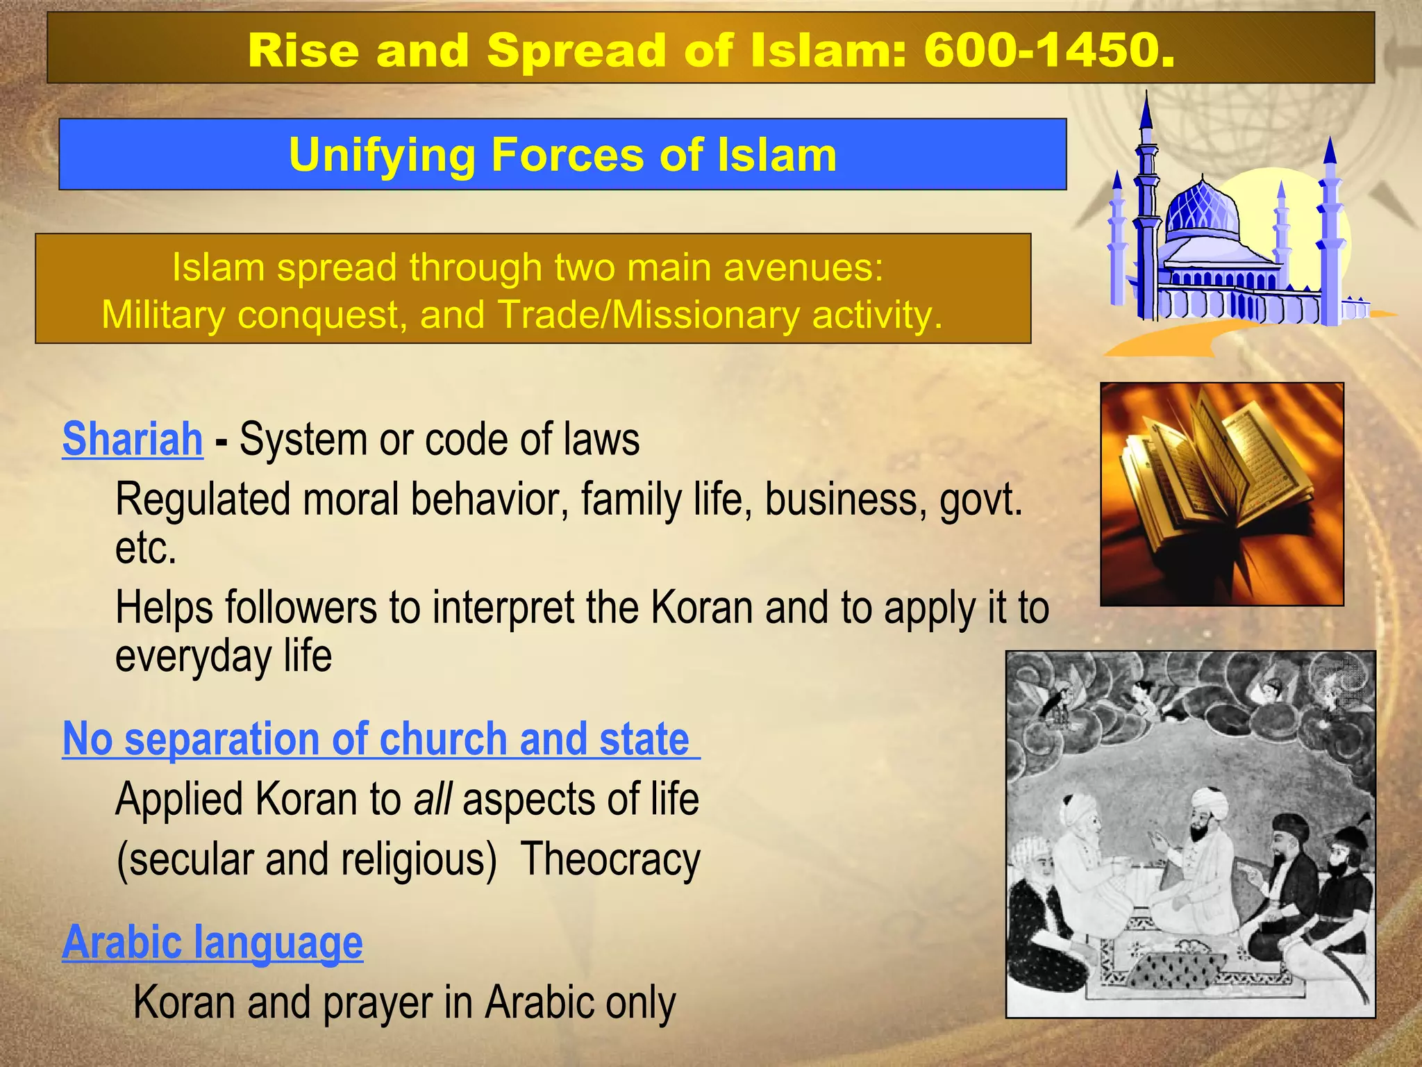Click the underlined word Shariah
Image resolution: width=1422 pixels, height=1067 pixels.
pyautogui.click(x=132, y=440)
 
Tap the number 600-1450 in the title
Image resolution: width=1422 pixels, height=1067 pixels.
pyautogui.click(x=1048, y=51)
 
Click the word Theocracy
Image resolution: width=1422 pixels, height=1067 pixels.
pyautogui.click(x=610, y=860)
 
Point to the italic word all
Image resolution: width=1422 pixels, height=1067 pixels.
pyautogui.click(x=433, y=800)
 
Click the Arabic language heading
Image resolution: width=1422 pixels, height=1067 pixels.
pyautogui.click(x=212, y=943)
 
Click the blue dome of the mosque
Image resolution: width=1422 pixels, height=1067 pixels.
pyautogui.click(x=1203, y=207)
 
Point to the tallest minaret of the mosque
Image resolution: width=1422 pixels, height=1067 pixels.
pyautogui.click(x=1146, y=208)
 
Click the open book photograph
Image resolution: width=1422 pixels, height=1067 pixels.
pyautogui.click(x=1221, y=494)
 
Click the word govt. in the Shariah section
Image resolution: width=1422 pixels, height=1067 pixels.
pyautogui.click(x=980, y=500)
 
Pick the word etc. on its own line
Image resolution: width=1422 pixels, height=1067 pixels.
pyautogui.click(x=146, y=549)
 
